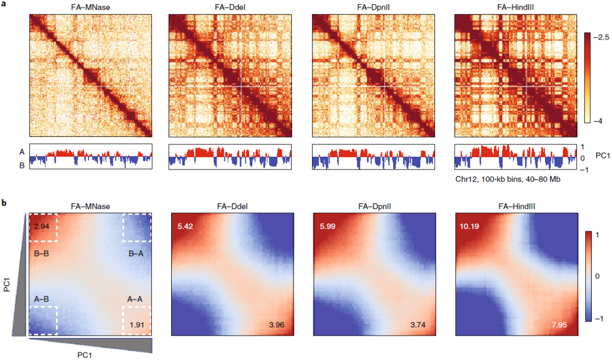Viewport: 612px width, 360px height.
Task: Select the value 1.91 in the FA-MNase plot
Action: point(138,324)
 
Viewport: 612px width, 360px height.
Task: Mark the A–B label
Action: point(42,299)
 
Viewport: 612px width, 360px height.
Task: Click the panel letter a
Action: point(5,5)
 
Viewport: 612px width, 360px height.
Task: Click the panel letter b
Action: point(5,203)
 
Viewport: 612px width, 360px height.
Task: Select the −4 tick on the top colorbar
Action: point(597,121)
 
